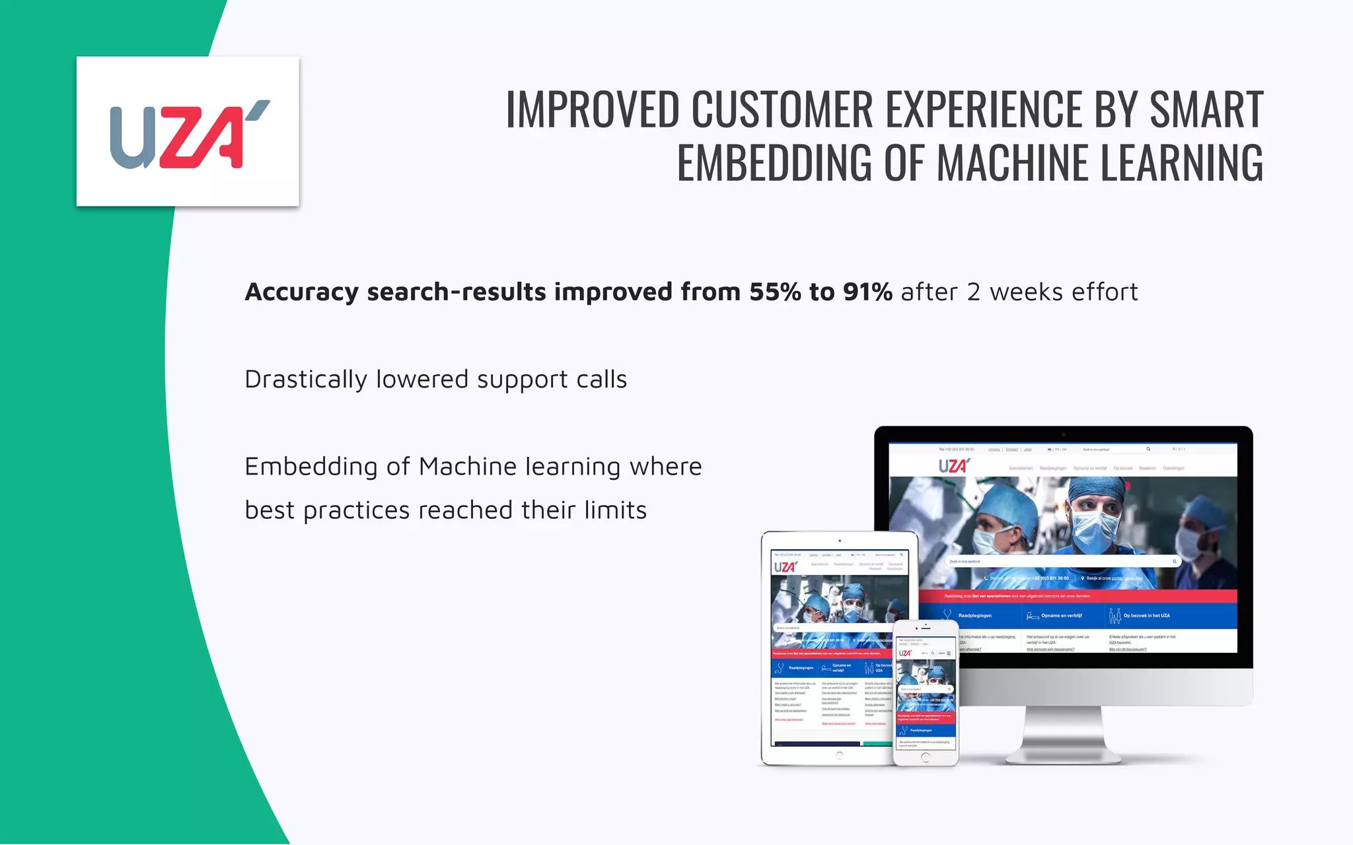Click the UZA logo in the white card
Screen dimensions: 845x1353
coord(189,135)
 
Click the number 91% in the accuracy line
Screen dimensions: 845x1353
coord(867,292)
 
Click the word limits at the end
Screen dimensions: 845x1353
coord(615,510)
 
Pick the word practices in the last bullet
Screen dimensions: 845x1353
coord(356,510)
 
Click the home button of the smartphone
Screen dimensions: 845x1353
coord(925,758)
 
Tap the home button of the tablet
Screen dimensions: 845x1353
coord(839,755)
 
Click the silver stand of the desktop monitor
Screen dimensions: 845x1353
coord(1063,733)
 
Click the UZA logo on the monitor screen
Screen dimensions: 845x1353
coord(953,466)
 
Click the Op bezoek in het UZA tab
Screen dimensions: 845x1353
coord(1146,615)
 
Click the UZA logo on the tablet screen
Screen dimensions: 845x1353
coord(786,567)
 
